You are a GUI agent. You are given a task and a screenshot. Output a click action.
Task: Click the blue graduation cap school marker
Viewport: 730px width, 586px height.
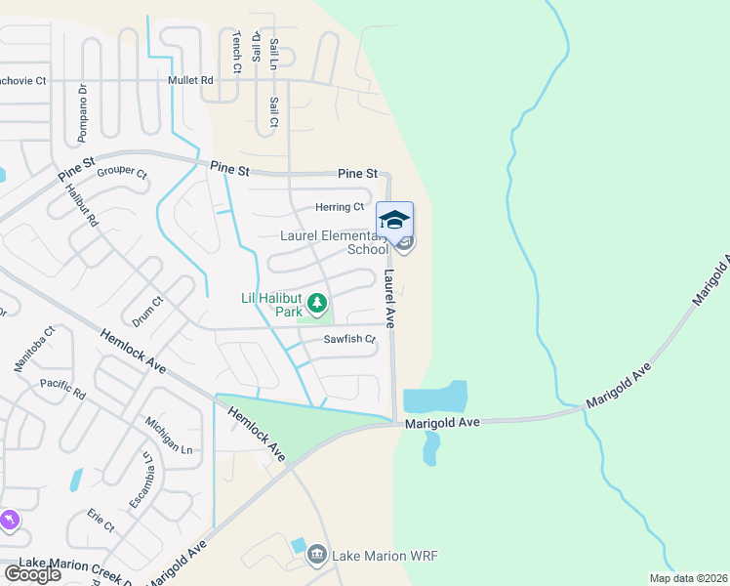pos(394,219)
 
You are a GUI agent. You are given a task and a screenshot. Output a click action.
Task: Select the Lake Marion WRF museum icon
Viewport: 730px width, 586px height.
pos(316,556)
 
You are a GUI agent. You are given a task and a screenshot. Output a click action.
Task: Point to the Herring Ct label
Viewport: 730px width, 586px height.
pos(339,207)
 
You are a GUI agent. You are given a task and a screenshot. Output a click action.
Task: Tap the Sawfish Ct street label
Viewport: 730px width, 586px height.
pos(349,340)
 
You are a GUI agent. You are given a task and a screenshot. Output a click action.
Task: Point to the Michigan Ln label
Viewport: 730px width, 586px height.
pos(168,435)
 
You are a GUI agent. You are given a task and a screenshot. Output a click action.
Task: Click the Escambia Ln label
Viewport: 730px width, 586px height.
pos(142,480)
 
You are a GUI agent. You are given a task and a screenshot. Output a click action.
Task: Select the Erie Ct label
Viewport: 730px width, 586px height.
pos(101,519)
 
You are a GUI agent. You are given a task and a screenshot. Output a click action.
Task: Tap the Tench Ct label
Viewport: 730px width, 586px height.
pos(236,52)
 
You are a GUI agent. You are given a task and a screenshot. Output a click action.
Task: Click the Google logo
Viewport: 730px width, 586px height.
pos(32,574)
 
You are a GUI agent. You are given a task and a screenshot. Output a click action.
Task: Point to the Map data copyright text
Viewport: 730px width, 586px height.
pos(687,578)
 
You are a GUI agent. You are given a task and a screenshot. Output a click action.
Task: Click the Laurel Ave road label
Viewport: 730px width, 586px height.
pos(389,298)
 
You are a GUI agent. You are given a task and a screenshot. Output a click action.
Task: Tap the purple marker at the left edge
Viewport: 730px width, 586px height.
pos(10,521)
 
